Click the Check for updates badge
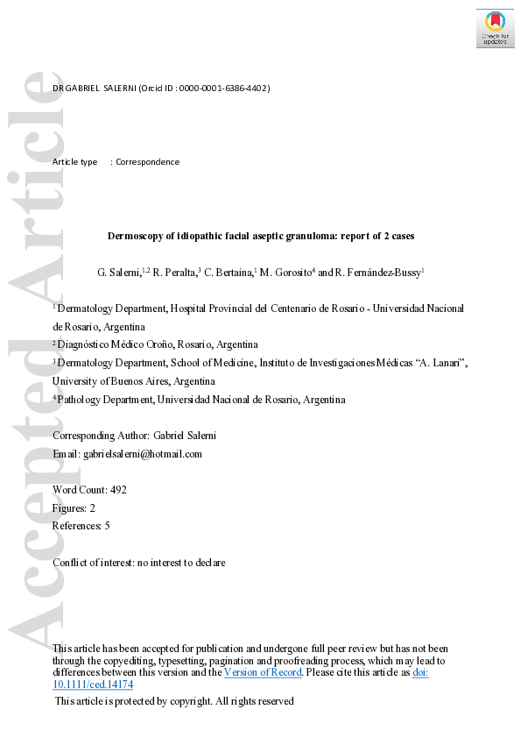pos(495,28)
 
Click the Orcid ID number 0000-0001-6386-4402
pos(223,89)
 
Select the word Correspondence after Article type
pos(148,162)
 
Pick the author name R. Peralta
pos(178,273)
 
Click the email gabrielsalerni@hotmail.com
pos(142,454)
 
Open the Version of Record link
pos(263,672)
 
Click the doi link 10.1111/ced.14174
pos(93,684)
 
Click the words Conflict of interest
pos(91,563)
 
